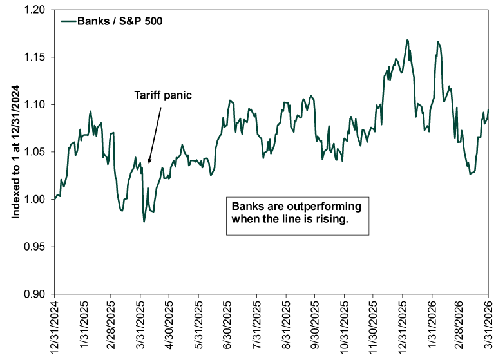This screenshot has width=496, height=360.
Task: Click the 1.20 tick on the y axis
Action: pos(36,10)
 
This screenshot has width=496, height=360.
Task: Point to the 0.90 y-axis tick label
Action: pos(36,294)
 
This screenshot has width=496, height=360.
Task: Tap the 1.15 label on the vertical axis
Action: pos(36,57)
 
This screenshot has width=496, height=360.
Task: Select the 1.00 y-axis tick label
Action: pos(36,199)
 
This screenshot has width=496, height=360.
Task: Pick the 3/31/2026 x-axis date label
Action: pos(488,325)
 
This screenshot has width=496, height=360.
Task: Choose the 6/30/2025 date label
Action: pos(227,325)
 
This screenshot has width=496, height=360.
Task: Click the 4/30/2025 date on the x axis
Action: pos(169,325)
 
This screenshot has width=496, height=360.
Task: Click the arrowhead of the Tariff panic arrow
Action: pos(149,162)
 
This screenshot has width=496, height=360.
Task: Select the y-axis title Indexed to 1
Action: pos(15,153)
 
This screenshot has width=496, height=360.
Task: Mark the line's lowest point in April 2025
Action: pos(144,222)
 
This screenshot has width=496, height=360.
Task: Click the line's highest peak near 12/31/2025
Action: pos(407,40)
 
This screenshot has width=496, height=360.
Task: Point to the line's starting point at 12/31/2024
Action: pos(55,199)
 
